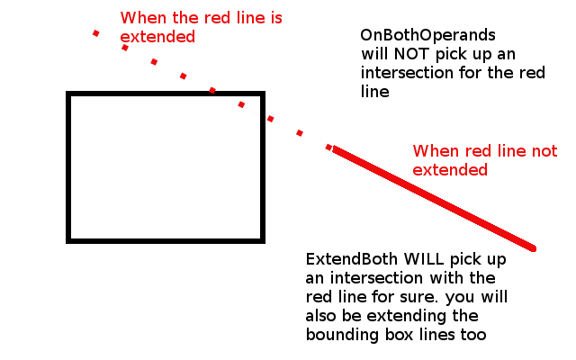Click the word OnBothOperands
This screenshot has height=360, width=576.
click(427, 36)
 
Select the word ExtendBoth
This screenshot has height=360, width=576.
click(346, 259)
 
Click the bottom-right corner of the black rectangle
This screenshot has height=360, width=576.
click(262, 240)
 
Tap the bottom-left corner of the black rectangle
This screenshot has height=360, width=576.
click(69, 240)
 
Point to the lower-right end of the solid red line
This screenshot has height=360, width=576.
click(534, 248)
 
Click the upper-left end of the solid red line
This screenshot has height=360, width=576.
click(335, 149)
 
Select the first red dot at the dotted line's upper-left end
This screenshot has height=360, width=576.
click(95, 33)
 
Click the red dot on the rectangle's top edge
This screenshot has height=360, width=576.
click(212, 91)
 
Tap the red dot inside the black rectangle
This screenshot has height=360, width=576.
click(241, 105)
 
